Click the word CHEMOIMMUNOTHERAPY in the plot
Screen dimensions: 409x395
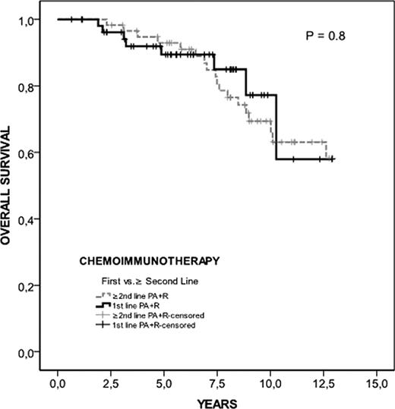[149, 260]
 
